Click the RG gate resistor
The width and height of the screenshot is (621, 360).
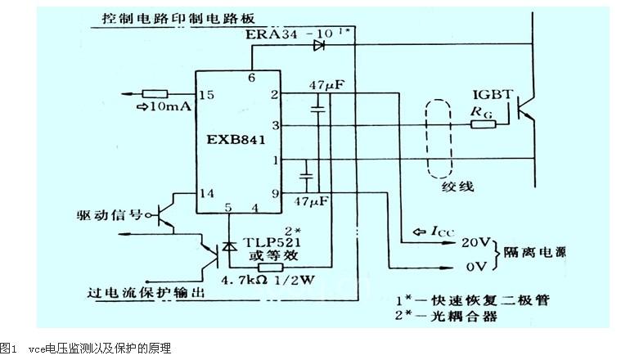[x=484, y=124]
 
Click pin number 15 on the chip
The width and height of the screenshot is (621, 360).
[x=206, y=96]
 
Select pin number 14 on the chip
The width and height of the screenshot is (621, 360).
[x=206, y=194]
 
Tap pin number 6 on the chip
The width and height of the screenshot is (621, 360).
[x=252, y=78]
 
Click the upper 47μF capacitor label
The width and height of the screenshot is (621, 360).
[x=325, y=85]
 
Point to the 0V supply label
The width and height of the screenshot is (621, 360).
[x=476, y=267]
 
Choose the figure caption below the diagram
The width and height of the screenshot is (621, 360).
[x=86, y=349]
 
